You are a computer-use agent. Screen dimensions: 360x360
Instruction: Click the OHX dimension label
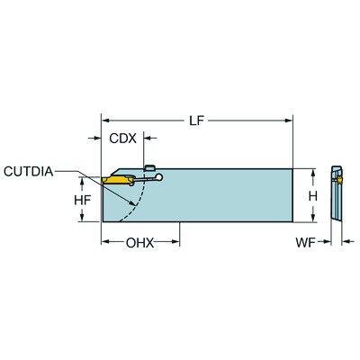pyautogui.click(x=139, y=242)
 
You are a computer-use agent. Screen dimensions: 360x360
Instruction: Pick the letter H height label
pyautogui.click(x=311, y=195)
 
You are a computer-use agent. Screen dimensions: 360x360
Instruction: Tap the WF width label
pyautogui.click(x=308, y=242)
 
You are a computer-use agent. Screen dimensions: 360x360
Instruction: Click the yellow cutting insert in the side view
pyautogui.click(x=116, y=180)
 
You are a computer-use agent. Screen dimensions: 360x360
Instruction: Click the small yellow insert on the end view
pyautogui.click(x=341, y=182)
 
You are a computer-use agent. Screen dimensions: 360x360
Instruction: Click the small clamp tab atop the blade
pyautogui.click(x=150, y=166)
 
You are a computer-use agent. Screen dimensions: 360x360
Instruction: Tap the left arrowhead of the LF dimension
pyautogui.click(x=104, y=119)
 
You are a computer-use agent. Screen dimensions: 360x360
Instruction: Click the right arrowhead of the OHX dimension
pyautogui.click(x=177, y=242)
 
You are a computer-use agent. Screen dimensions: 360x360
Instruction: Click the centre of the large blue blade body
pyautogui.click(x=216, y=195)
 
